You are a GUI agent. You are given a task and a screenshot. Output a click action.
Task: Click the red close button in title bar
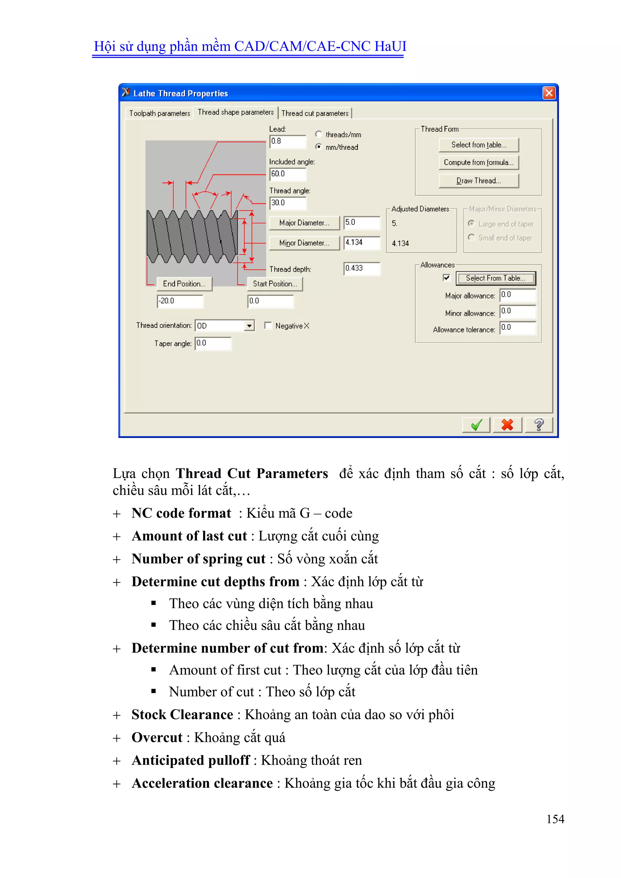(549, 93)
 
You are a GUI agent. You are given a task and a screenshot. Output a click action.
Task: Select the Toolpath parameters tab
(159, 113)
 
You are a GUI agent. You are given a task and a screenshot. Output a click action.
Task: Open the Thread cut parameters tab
(315, 113)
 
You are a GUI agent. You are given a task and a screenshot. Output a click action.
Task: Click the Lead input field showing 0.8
(287, 142)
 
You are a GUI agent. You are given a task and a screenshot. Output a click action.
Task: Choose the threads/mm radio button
(318, 134)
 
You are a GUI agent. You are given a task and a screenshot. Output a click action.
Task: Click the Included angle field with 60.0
(287, 174)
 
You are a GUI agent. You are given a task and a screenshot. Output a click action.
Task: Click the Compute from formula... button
(478, 163)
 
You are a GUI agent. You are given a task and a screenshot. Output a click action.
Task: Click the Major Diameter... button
(304, 223)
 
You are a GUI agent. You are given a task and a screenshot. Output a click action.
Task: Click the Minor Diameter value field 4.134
(361, 242)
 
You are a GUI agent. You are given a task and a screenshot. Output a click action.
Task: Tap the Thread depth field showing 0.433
(361, 268)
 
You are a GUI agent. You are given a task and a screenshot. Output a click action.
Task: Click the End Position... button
(184, 284)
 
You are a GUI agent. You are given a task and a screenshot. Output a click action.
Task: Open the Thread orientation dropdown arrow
(249, 326)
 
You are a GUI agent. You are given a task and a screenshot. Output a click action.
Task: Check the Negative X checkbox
(268, 326)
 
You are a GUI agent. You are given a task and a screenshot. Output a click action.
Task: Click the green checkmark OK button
(476, 425)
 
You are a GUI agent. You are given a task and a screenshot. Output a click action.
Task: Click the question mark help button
(539, 425)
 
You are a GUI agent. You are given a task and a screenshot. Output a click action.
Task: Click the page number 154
(555, 819)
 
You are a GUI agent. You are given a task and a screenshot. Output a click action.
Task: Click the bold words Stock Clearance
(182, 715)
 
